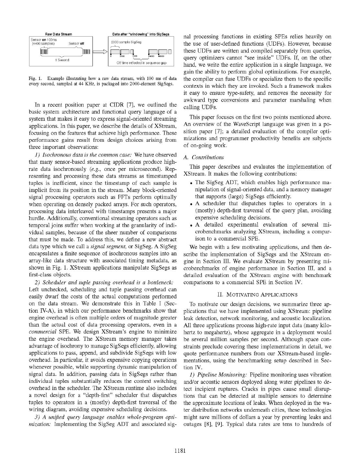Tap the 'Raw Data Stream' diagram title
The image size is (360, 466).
(x=58, y=34)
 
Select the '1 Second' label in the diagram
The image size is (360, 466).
(x=61, y=60)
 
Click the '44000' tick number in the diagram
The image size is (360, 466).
(x=151, y=56)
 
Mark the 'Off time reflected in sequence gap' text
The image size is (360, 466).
(x=141, y=63)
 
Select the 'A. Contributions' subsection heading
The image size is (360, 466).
(x=203, y=157)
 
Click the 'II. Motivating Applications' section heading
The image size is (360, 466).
(x=257, y=294)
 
